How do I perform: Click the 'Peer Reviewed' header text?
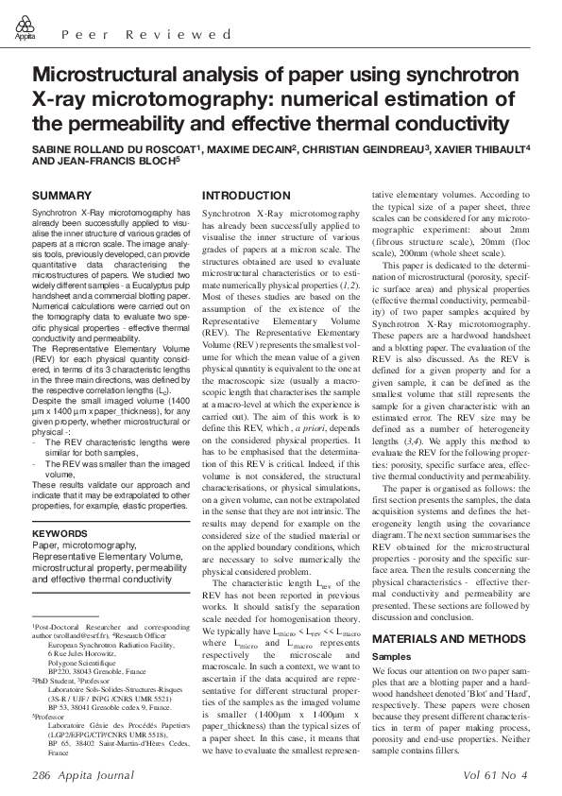pos(146,35)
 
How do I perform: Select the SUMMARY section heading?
pos(61,196)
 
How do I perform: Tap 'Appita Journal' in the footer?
pos(101,774)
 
